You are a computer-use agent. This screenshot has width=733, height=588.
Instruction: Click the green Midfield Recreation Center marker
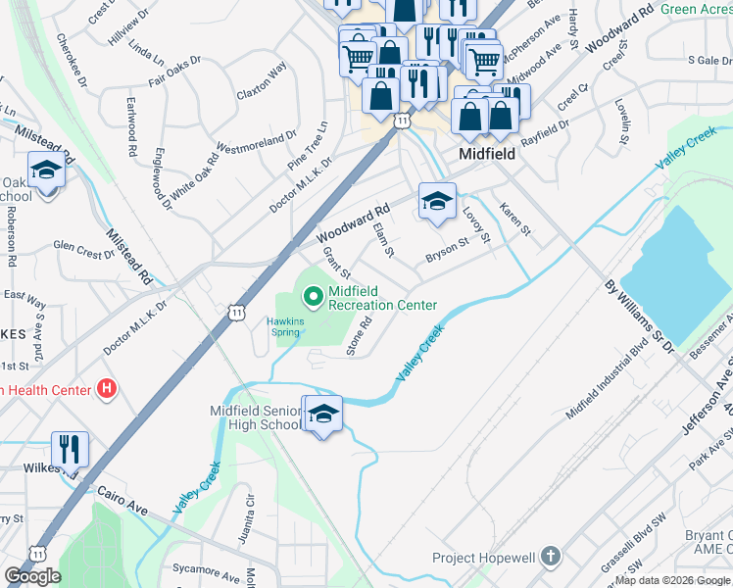click(313, 294)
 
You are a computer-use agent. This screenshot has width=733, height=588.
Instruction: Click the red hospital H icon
click(107, 390)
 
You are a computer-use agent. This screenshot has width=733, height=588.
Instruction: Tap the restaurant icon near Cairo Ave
click(70, 450)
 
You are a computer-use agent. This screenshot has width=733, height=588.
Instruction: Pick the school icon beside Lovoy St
click(437, 202)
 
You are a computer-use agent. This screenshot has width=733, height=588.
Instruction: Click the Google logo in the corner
click(32, 576)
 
